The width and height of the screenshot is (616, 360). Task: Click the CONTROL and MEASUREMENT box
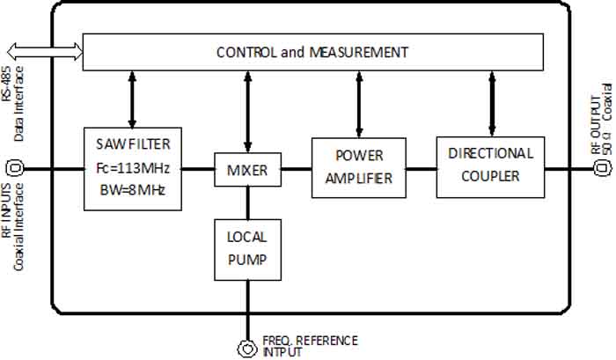(312, 53)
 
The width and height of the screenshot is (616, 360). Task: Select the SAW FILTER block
(133, 167)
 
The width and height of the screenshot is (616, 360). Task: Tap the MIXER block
(248, 169)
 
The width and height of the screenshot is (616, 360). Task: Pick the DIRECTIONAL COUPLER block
(490, 165)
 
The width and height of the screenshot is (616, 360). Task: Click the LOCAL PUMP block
(248, 249)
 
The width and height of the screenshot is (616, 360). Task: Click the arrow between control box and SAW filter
(133, 98)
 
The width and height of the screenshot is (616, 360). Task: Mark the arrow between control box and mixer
(248, 112)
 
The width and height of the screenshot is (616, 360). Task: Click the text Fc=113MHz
(133, 167)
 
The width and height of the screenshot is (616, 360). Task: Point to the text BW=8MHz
(133, 189)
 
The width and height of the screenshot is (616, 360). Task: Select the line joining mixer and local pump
(248, 202)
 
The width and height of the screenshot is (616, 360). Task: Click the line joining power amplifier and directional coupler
(419, 167)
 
